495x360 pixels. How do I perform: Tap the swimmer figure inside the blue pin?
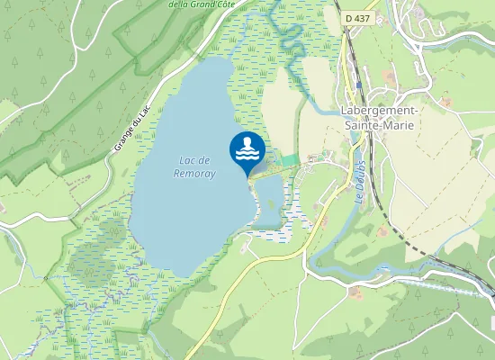pos(247,143)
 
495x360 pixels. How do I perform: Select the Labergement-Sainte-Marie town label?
pos(378,118)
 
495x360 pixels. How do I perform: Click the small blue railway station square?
pos(359,85)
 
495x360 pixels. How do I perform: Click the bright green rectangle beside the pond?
pos(289,161)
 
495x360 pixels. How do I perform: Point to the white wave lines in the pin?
pos(247,154)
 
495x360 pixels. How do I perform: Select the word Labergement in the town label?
pos(378,111)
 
